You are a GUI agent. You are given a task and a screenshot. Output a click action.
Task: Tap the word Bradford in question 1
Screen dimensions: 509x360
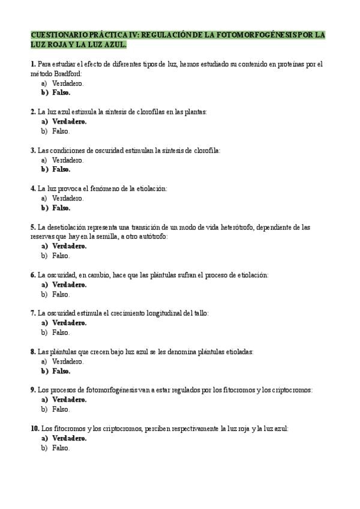click(68, 73)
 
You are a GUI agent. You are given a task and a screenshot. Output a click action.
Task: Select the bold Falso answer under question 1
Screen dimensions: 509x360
click(61, 92)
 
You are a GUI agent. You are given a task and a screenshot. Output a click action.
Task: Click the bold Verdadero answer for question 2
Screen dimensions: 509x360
click(69, 121)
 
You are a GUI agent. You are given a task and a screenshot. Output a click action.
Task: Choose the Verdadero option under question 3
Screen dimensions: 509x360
click(68, 160)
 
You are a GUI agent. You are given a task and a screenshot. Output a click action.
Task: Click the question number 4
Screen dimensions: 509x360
click(33, 188)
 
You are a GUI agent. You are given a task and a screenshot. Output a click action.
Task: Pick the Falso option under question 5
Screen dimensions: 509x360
click(61, 256)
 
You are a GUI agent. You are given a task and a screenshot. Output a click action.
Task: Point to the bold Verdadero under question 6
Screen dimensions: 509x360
click(69, 285)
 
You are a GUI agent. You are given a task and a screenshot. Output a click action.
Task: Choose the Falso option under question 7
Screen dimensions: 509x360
click(61, 333)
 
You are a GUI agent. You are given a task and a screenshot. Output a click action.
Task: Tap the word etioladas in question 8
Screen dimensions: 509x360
click(238, 352)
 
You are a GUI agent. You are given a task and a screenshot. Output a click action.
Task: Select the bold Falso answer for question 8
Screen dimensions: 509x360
click(61, 371)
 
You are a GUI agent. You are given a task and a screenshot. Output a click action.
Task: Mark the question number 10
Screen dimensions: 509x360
click(35, 429)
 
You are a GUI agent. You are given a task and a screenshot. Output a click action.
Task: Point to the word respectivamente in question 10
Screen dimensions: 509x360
click(190, 429)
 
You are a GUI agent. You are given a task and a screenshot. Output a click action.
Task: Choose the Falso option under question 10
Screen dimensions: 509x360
click(61, 448)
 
